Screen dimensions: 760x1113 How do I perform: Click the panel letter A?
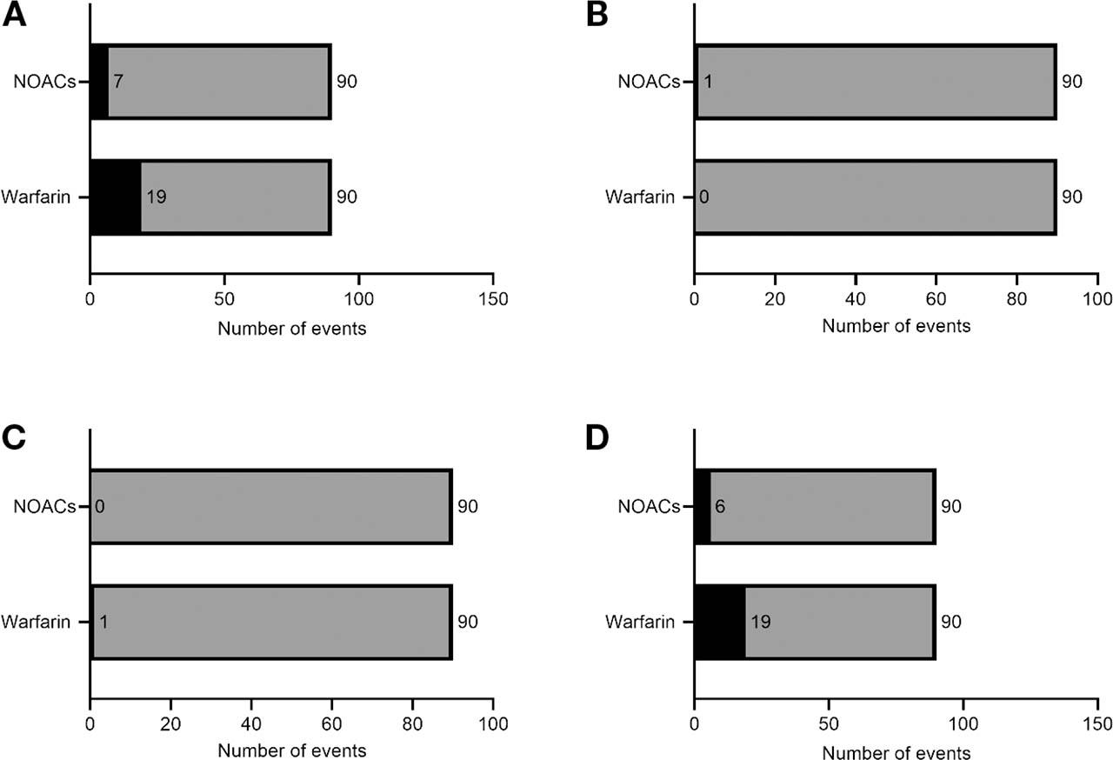click(15, 16)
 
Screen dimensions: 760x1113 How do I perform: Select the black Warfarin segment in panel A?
click(116, 197)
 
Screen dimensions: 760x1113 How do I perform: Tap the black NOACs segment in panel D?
click(703, 506)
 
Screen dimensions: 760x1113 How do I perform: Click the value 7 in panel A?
click(117, 82)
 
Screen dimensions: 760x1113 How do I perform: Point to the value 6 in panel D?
click(720, 506)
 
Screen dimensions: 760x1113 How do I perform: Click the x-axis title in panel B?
click(896, 328)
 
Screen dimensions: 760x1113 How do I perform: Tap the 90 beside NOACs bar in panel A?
click(347, 82)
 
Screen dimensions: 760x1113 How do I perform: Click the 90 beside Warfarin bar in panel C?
click(468, 622)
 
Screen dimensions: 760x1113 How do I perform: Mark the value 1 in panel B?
click(708, 82)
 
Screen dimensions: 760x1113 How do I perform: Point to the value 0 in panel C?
click(99, 506)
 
